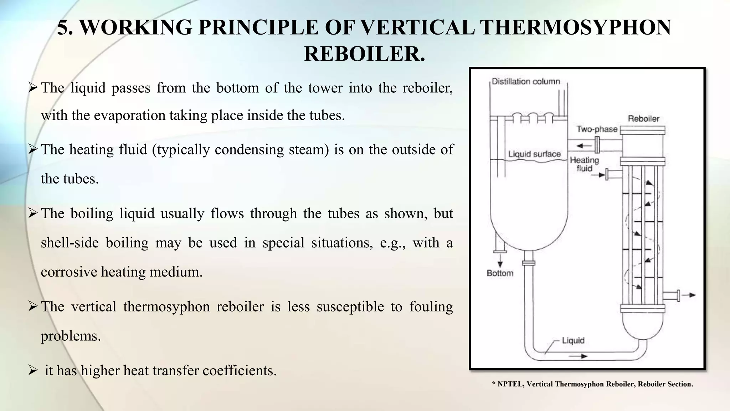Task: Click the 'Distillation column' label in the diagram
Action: coord(526,81)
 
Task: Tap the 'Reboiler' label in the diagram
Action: coord(643,118)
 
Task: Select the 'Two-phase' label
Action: coord(597,129)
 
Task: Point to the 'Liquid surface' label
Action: coord(534,154)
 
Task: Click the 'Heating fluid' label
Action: coord(584,164)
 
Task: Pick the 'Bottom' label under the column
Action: coord(500,273)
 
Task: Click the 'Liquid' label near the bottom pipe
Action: coord(573,340)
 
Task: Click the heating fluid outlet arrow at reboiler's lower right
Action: coord(691,295)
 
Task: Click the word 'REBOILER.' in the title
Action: coord(364,54)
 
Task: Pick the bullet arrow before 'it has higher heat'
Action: coord(33,370)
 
